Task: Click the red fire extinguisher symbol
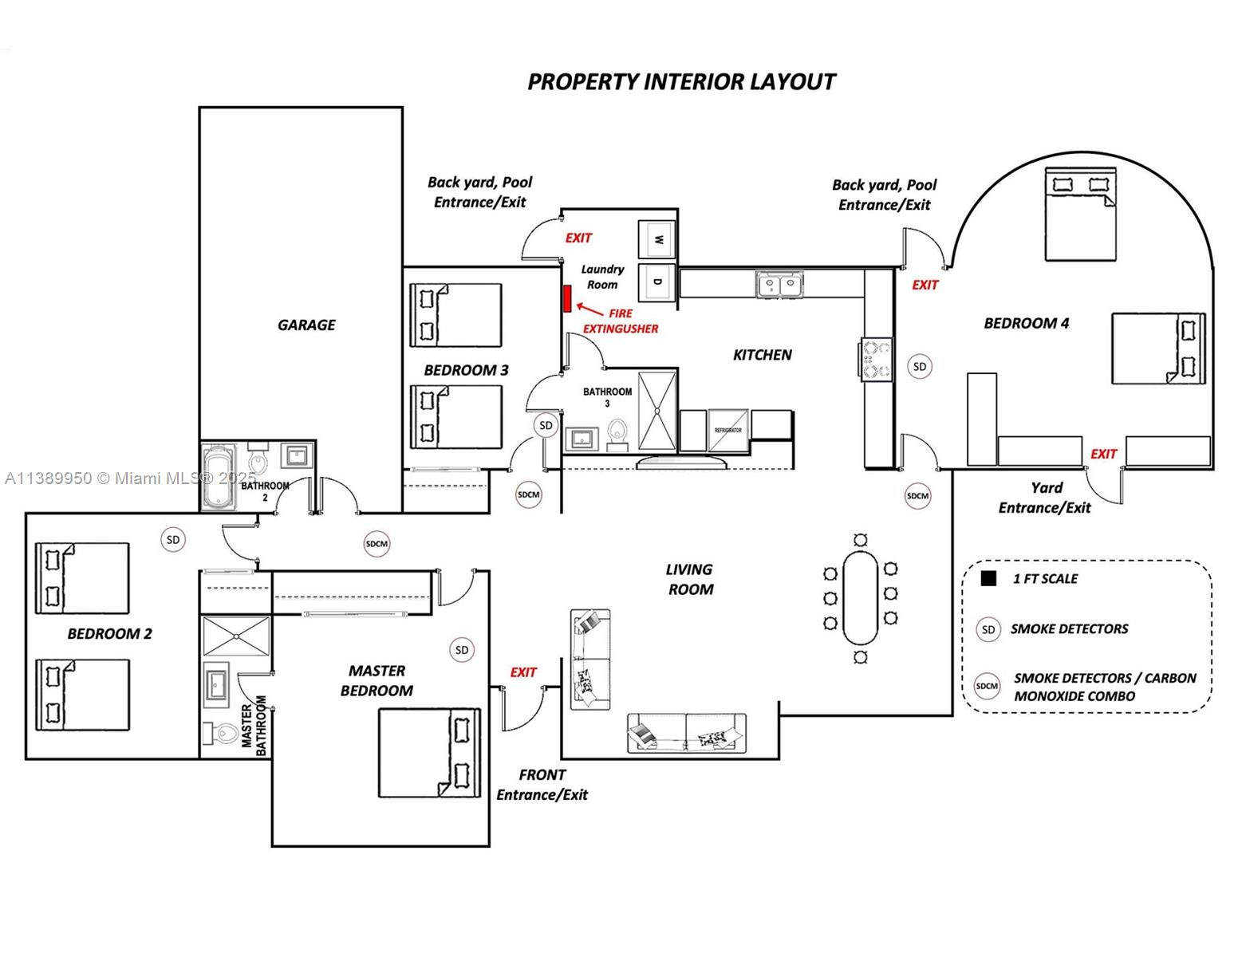[x=567, y=298]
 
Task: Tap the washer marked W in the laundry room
[x=658, y=239]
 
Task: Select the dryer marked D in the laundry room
[x=658, y=282]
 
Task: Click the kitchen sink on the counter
[x=779, y=284]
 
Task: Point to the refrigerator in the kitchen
[x=727, y=431]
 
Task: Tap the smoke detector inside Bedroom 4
[x=920, y=367]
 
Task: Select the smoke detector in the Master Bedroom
[x=461, y=650]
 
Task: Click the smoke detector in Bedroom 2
[x=172, y=540]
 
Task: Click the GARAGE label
[x=306, y=325]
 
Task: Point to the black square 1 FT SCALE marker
[x=988, y=579]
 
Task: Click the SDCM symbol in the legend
[x=987, y=686]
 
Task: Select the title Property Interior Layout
[x=681, y=82]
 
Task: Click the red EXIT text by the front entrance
[x=523, y=672]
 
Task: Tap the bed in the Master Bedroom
[x=429, y=753]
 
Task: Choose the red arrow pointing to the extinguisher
[x=589, y=309]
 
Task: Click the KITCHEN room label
[x=762, y=355]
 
